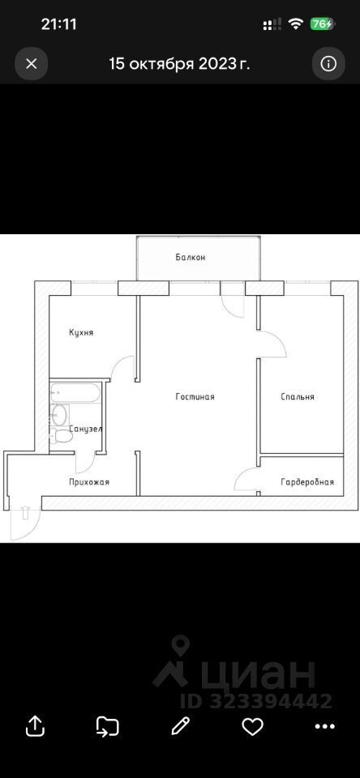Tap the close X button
pyautogui.click(x=32, y=63)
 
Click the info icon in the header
pyautogui.click(x=328, y=63)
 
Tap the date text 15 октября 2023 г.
pyautogui.click(x=179, y=63)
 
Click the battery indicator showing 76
pyautogui.click(x=322, y=24)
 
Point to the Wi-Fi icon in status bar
pyautogui.click(x=297, y=24)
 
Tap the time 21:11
pyautogui.click(x=58, y=24)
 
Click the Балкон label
pyautogui.click(x=191, y=258)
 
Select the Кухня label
pyautogui.click(x=81, y=332)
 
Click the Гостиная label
pyautogui.click(x=195, y=397)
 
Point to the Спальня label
pyautogui.click(x=298, y=397)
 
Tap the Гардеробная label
pyautogui.click(x=307, y=481)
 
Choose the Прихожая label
pyautogui.click(x=89, y=481)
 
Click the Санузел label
pyautogui.click(x=85, y=429)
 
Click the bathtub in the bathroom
pyautogui.click(x=75, y=392)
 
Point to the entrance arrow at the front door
pyautogui.click(x=26, y=512)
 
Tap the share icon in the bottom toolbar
pyautogui.click(x=35, y=726)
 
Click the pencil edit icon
pyautogui.click(x=181, y=726)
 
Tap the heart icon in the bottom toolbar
pyautogui.click(x=252, y=727)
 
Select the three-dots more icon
pyautogui.click(x=325, y=727)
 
